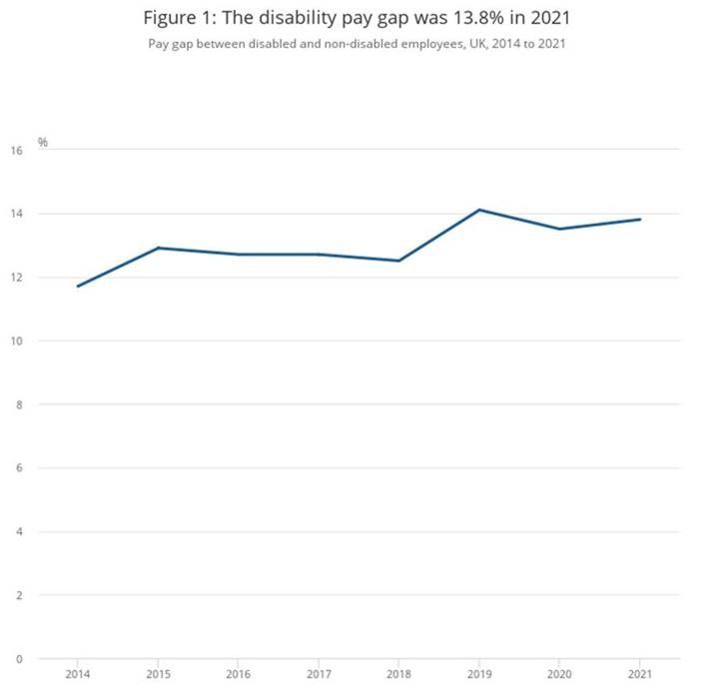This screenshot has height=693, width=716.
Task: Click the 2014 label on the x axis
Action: coord(78,674)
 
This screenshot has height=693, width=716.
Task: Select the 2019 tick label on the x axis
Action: coord(479,674)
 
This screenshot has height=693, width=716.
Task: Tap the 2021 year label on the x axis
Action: coord(640,674)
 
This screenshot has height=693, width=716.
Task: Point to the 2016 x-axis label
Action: coord(239,674)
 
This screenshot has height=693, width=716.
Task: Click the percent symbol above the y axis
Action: coord(43,143)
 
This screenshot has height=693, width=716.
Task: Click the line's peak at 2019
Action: coord(479,210)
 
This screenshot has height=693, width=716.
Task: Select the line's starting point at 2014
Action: coord(78,287)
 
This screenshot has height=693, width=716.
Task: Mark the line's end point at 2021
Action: coord(640,220)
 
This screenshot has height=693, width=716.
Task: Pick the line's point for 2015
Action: coord(158,248)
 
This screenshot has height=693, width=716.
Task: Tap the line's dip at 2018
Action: coord(399,261)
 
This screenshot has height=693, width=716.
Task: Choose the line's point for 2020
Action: coord(560,229)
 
